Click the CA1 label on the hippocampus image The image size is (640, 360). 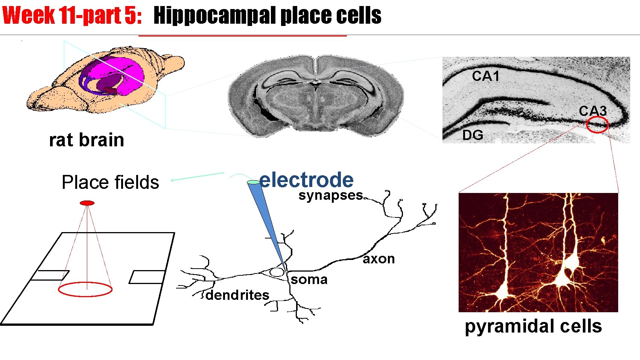pos(485,76)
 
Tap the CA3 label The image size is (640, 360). pos(593,111)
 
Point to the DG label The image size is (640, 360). pos(473,135)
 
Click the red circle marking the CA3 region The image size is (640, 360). pos(597,125)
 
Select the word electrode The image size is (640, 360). pos(307,180)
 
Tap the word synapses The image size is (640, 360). pos(331,195)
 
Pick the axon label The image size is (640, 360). pos(379,259)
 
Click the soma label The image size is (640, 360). pos(309,279)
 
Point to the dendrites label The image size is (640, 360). pos(237,295)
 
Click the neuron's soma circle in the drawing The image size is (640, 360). pos(277,272)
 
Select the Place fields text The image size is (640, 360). pos(110,182)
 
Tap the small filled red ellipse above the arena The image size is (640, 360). pos(87,203)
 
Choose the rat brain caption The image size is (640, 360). pos(87,140)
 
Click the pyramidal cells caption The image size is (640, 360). pos(533,326)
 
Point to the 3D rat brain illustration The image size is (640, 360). pos(105,80)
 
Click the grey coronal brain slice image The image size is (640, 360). pos(316,96)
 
